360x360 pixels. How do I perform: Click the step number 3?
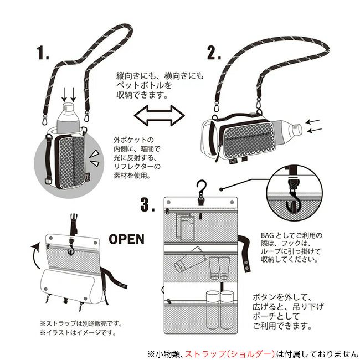(147, 205)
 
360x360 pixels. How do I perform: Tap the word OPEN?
(126, 239)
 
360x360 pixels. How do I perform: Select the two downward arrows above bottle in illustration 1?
(68, 95)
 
